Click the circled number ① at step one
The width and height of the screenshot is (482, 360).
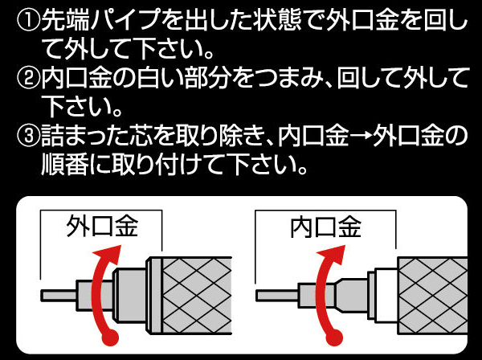point(28,21)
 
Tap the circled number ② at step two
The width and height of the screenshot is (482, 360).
point(28,78)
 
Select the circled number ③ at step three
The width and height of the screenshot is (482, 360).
point(28,135)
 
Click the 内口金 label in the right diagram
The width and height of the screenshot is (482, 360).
point(326,227)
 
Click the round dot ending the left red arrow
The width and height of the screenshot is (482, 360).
point(110,337)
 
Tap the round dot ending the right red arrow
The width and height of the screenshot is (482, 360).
point(334,337)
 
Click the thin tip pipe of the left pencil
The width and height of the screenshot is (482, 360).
point(59,296)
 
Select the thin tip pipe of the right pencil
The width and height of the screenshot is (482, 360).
point(276,296)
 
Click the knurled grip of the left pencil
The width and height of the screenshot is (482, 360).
point(196,296)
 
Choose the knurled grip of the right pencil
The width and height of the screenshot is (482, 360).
point(433,296)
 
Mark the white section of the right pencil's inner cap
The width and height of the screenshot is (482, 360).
point(386,296)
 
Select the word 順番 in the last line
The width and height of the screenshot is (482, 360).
point(64,164)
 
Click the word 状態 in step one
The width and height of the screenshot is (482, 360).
point(276,21)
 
